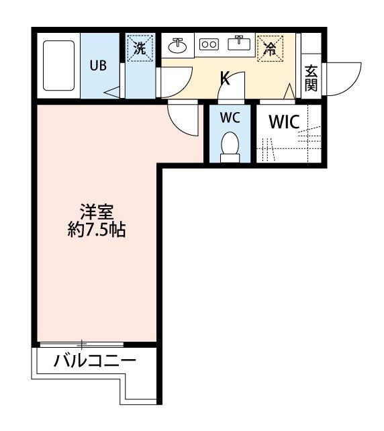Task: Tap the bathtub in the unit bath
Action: (59, 65)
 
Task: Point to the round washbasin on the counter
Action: (178, 45)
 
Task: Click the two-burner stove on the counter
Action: (209, 44)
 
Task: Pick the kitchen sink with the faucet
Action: (238, 44)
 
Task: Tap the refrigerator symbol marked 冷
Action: (269, 48)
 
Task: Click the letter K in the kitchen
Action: (225, 79)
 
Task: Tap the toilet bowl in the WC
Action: (230, 144)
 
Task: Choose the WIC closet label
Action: (285, 123)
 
